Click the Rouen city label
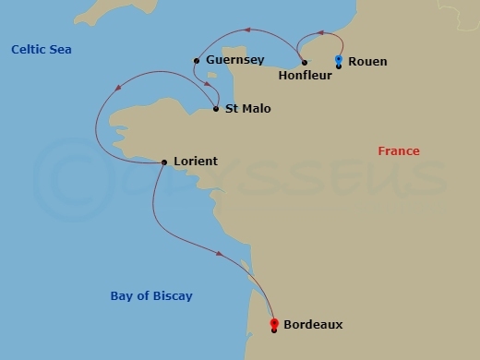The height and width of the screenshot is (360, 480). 368,62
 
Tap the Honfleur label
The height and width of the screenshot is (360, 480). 305,78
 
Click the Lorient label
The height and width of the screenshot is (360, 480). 196,162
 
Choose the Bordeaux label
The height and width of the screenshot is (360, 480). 313,324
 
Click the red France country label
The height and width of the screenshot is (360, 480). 399,151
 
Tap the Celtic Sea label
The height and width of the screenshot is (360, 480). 42,49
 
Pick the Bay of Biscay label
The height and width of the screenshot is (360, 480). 145,295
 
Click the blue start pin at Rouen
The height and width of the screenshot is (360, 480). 339,60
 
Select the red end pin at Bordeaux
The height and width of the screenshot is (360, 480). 274,323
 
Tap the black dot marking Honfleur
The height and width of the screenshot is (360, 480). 305,63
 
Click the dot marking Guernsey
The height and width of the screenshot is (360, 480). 197,61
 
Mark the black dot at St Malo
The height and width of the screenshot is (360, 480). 216,109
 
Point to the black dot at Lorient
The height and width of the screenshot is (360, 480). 163,162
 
